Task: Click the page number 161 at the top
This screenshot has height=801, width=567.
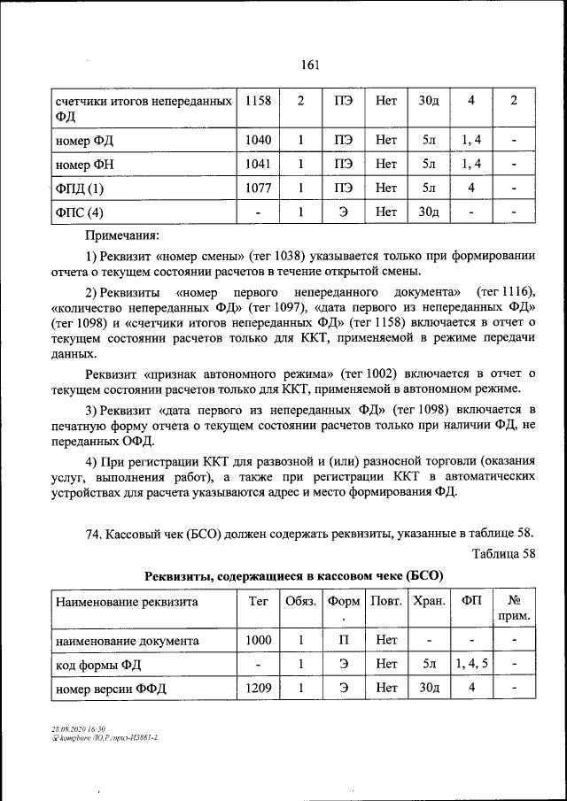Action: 309,65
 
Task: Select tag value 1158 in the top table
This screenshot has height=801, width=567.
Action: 258,101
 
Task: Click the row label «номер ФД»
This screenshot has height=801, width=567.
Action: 85,139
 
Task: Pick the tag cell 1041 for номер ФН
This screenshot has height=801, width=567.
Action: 258,163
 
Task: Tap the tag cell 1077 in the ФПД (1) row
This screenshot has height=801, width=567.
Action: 258,188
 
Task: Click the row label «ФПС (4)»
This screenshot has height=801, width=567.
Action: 80,212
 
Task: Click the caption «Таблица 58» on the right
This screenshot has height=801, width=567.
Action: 505,554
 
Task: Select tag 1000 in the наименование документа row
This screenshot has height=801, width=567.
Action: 258,640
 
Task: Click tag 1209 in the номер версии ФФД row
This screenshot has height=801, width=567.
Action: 258,688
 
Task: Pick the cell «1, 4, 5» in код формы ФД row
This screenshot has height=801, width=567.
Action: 472,664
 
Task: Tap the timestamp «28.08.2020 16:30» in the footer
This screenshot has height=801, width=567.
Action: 79,728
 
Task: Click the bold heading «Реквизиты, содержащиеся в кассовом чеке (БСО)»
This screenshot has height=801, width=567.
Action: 294,575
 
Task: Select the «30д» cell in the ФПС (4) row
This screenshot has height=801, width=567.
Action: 429,212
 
